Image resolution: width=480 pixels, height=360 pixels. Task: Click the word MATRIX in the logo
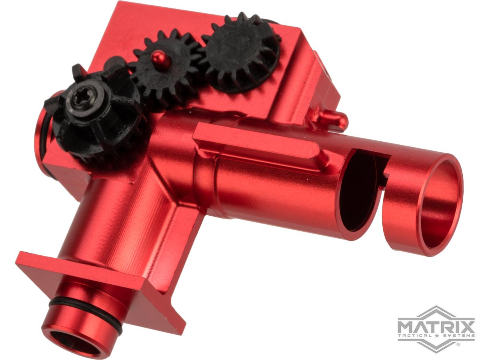click(436, 324)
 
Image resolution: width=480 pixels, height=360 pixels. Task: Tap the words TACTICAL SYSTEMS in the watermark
click(436, 335)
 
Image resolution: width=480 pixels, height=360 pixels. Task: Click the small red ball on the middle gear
click(161, 55)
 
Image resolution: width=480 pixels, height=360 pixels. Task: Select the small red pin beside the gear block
click(334, 117)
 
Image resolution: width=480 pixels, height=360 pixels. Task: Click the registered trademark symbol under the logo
click(458, 344)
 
